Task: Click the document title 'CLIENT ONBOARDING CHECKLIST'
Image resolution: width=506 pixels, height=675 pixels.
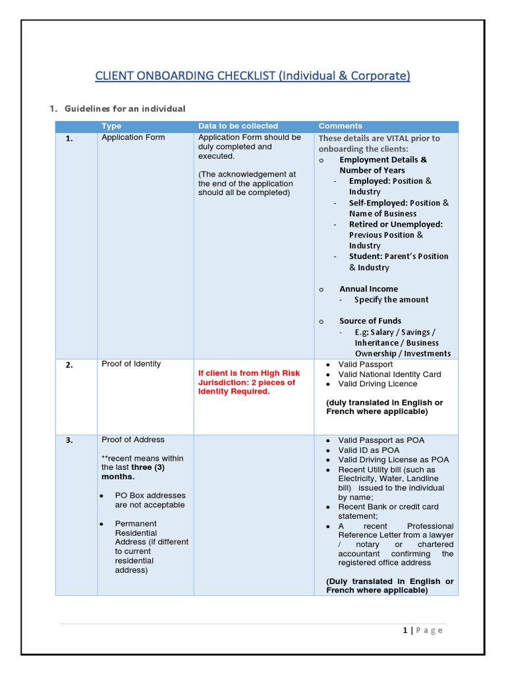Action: click(252, 76)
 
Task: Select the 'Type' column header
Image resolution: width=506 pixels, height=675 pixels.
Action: click(111, 126)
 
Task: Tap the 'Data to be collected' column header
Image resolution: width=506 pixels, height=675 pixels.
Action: click(238, 126)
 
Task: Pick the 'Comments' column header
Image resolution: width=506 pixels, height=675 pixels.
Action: click(340, 126)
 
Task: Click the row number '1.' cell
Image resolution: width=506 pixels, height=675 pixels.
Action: click(69, 138)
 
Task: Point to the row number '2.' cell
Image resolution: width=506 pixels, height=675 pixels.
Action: click(69, 365)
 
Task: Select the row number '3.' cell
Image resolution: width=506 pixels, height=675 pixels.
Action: click(69, 440)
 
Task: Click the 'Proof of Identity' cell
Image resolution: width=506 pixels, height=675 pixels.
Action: click(130, 364)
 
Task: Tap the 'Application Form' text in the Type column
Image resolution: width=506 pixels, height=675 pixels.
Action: click(133, 137)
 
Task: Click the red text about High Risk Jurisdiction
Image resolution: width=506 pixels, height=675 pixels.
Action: click(247, 382)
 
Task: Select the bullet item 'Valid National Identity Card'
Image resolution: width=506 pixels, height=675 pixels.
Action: click(389, 374)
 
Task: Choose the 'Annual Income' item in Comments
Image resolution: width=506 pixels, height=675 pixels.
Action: click(368, 289)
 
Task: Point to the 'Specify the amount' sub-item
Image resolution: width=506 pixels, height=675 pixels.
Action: click(391, 300)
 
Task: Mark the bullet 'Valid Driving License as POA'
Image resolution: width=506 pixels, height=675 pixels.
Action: click(393, 459)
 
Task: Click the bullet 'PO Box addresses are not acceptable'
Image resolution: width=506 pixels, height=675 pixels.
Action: click(150, 500)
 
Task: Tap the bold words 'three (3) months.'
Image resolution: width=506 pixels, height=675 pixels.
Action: click(132, 472)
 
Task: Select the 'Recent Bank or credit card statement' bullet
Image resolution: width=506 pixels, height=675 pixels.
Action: click(387, 512)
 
